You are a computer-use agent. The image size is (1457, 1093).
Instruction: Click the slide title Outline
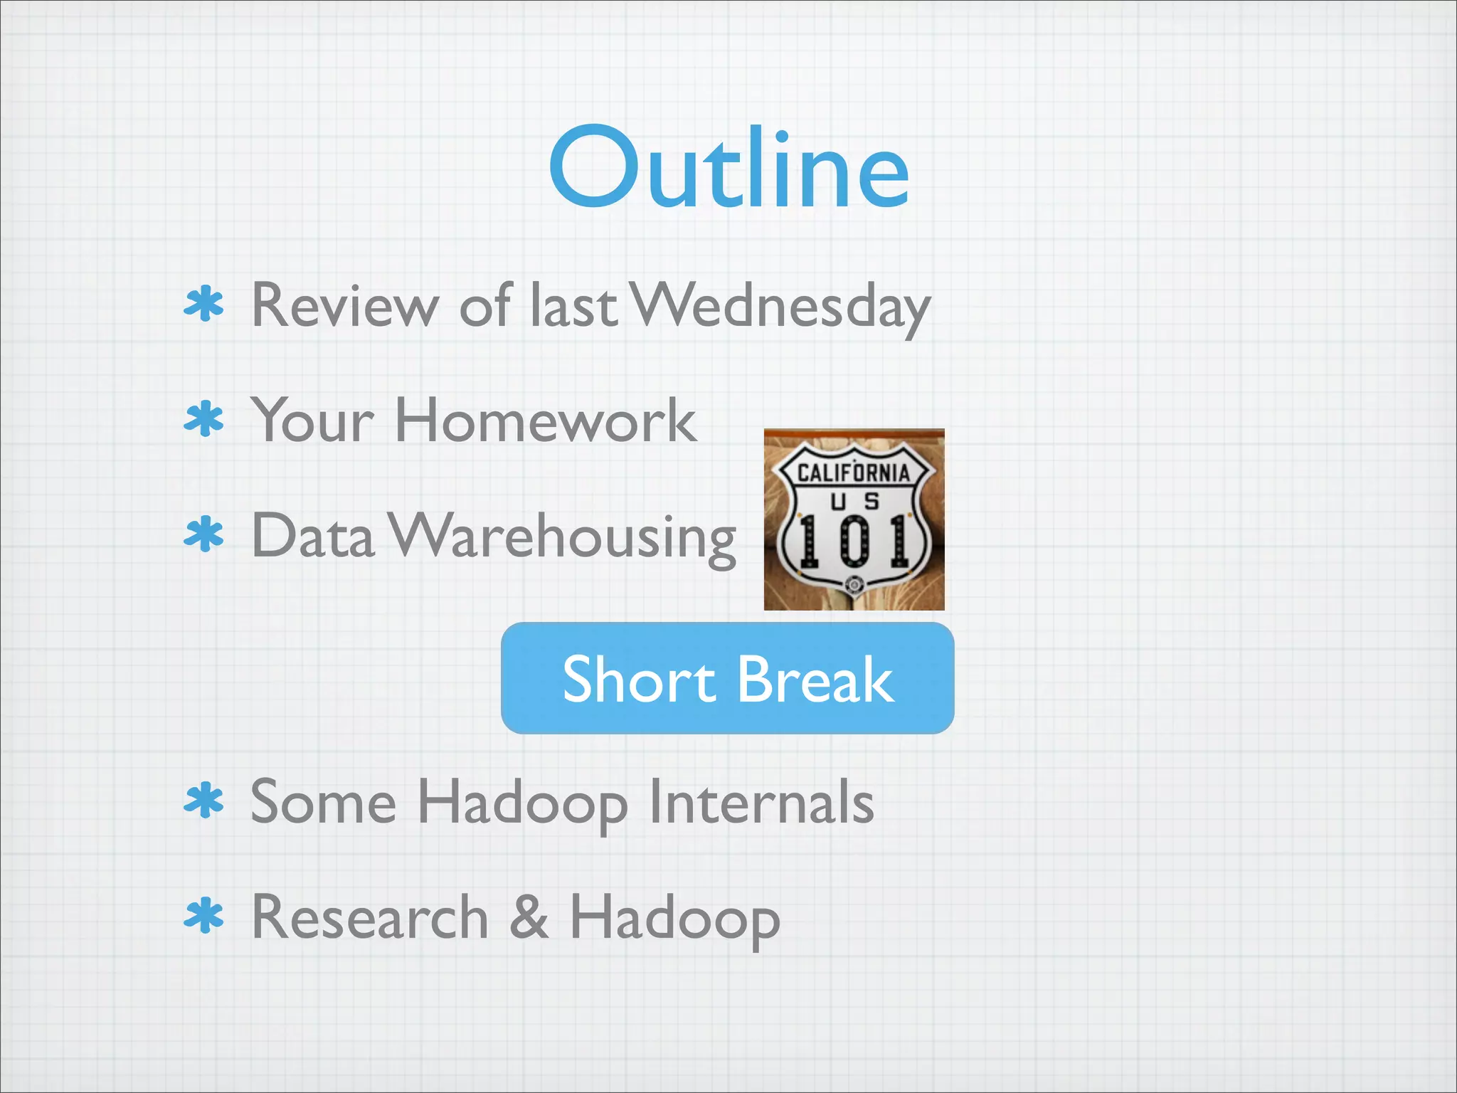(x=728, y=169)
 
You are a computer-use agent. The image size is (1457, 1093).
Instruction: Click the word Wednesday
(x=781, y=306)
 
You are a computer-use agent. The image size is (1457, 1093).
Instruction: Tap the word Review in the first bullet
(x=345, y=306)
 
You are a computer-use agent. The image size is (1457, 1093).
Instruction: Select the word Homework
(x=546, y=421)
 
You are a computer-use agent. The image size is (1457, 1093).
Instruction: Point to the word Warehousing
(x=563, y=537)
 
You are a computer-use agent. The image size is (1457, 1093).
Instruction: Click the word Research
(x=370, y=917)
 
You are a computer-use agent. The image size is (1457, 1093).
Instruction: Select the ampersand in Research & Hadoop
(x=529, y=917)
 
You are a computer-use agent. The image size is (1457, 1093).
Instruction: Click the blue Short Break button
(x=727, y=678)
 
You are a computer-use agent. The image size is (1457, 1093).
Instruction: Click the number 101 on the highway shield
(x=854, y=541)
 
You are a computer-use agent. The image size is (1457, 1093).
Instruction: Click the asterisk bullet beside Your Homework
(x=204, y=419)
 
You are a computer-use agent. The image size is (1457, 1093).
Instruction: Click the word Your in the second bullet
(x=313, y=421)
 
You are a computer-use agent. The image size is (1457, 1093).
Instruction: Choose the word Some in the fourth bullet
(x=323, y=802)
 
